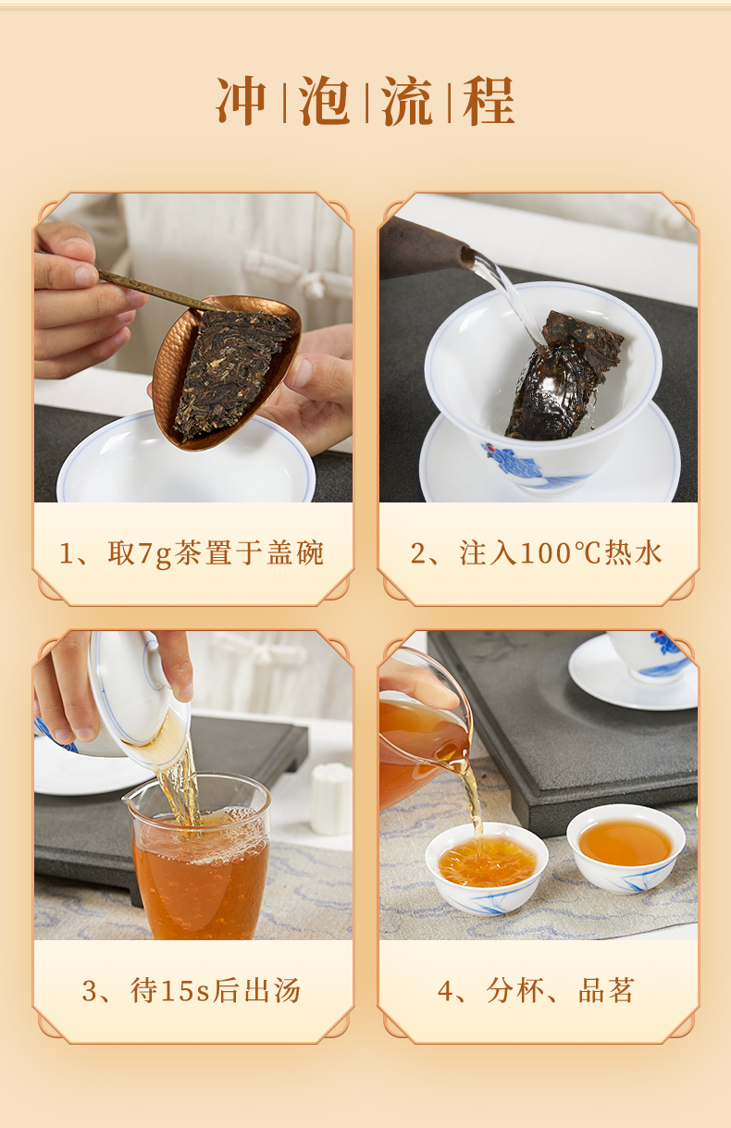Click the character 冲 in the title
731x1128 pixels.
[x=242, y=101]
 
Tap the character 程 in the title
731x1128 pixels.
[x=489, y=101]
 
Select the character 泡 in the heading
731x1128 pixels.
[x=324, y=101]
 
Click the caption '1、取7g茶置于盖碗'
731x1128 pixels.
[x=192, y=553]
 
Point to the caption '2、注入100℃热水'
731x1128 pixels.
[x=536, y=553]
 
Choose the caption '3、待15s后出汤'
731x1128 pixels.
[x=192, y=990]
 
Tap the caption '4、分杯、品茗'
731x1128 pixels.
[x=536, y=990]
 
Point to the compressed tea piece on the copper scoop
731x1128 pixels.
[x=231, y=372]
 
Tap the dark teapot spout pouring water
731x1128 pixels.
[x=427, y=248]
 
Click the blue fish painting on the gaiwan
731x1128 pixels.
[x=514, y=459]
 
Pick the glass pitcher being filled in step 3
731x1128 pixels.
[x=198, y=855]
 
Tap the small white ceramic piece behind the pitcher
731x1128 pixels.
[x=330, y=798]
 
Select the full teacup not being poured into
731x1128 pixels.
[x=626, y=848]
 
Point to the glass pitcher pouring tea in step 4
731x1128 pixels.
[x=426, y=730]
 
